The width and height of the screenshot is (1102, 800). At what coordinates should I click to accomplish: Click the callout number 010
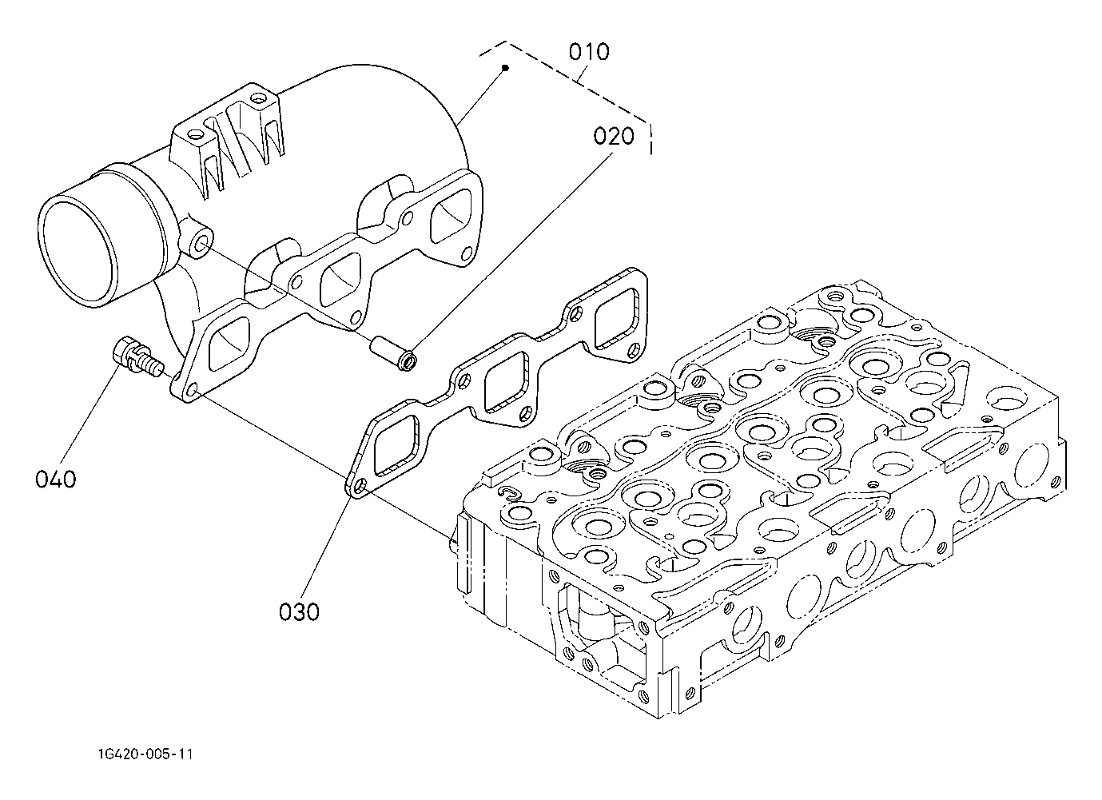(589, 52)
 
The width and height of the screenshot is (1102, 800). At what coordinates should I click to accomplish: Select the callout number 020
(614, 137)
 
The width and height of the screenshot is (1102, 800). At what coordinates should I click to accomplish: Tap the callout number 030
(299, 612)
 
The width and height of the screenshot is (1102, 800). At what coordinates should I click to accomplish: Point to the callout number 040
(56, 480)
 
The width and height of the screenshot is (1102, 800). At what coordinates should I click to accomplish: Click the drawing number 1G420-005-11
(145, 754)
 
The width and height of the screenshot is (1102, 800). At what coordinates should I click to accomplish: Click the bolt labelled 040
(137, 357)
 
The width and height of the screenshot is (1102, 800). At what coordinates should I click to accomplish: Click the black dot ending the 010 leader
(505, 67)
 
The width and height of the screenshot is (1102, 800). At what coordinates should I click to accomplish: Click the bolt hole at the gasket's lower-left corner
(359, 487)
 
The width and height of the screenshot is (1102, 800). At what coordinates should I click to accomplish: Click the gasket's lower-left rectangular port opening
(396, 446)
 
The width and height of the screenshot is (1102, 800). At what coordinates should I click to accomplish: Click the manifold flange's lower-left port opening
(229, 344)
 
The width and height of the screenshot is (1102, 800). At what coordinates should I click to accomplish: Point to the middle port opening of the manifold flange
(341, 280)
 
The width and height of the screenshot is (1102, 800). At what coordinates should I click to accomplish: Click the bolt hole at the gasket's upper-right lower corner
(635, 350)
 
